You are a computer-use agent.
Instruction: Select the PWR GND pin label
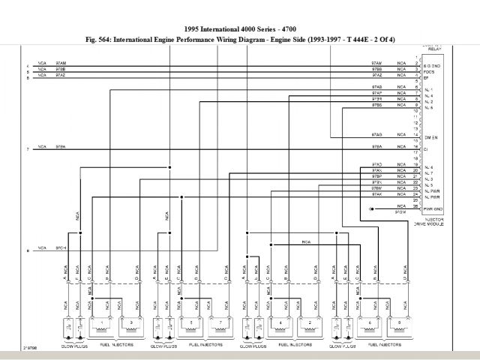click(x=433, y=209)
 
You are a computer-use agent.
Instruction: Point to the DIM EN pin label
click(x=430, y=138)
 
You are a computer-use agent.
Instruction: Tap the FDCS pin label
click(x=429, y=72)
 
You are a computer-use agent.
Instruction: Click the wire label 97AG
click(x=376, y=134)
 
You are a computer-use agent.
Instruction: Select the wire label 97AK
click(x=376, y=195)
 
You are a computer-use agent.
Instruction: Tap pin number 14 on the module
click(x=415, y=134)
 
